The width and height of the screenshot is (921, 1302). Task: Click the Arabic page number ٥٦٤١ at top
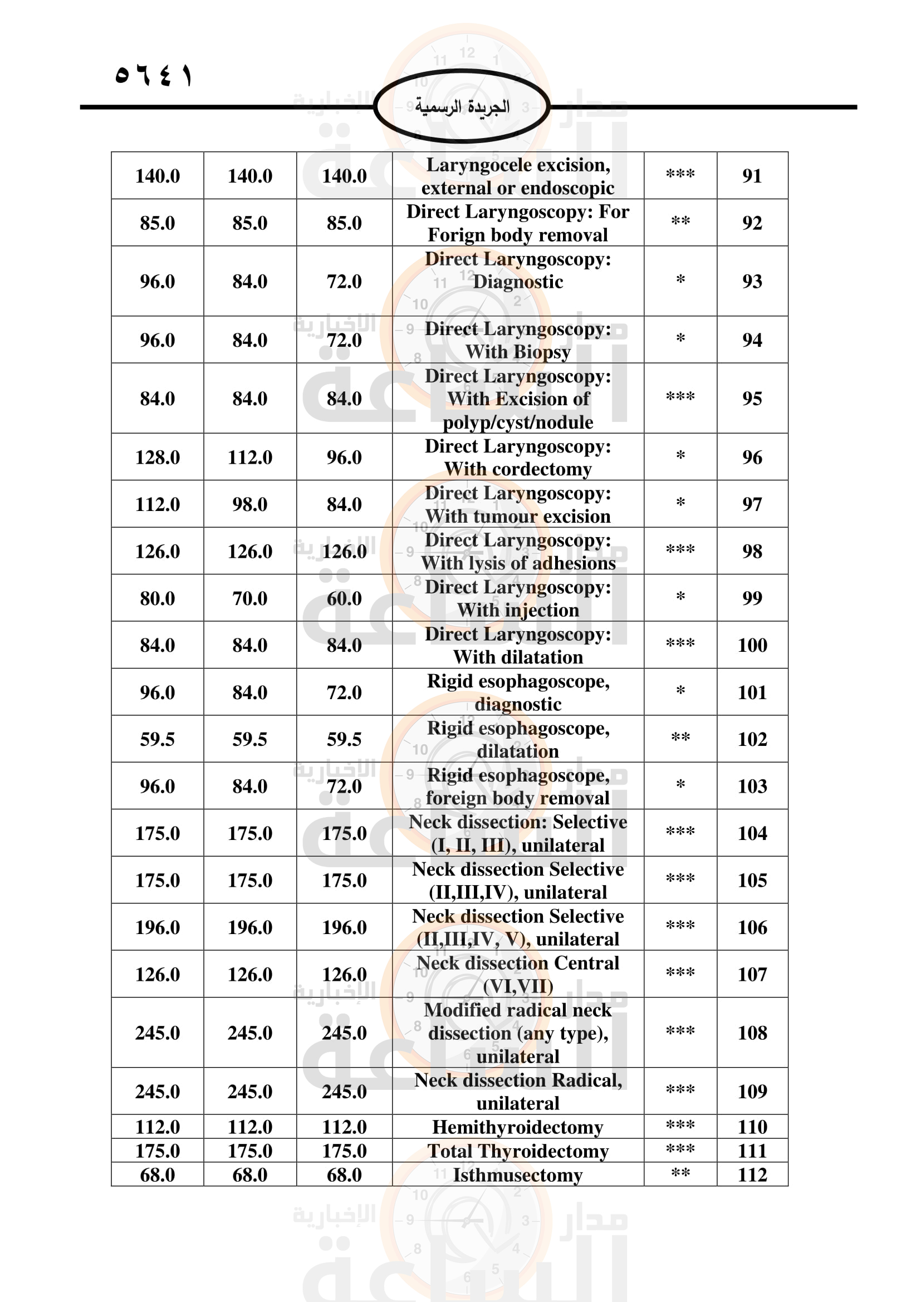click(154, 75)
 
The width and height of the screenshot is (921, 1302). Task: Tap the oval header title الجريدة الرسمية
click(462, 107)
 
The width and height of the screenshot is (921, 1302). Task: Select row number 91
click(752, 176)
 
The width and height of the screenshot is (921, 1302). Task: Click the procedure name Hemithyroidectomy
click(517, 1127)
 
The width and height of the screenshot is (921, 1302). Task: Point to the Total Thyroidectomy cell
click(517, 1151)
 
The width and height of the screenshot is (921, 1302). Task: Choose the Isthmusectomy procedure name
click(517, 1175)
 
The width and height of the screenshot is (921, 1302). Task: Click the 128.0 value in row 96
click(157, 457)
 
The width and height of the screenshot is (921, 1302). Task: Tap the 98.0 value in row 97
click(249, 504)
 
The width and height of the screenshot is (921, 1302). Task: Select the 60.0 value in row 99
click(344, 598)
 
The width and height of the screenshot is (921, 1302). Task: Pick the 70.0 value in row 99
click(249, 598)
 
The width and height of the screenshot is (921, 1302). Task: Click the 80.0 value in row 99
click(157, 598)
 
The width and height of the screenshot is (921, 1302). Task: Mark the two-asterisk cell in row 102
click(680, 738)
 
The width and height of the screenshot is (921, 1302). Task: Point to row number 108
click(752, 1033)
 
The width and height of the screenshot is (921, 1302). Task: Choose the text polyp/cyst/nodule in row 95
click(517, 422)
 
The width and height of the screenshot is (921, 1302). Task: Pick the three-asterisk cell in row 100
click(680, 644)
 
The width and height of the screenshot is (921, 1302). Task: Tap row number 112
click(752, 1175)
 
